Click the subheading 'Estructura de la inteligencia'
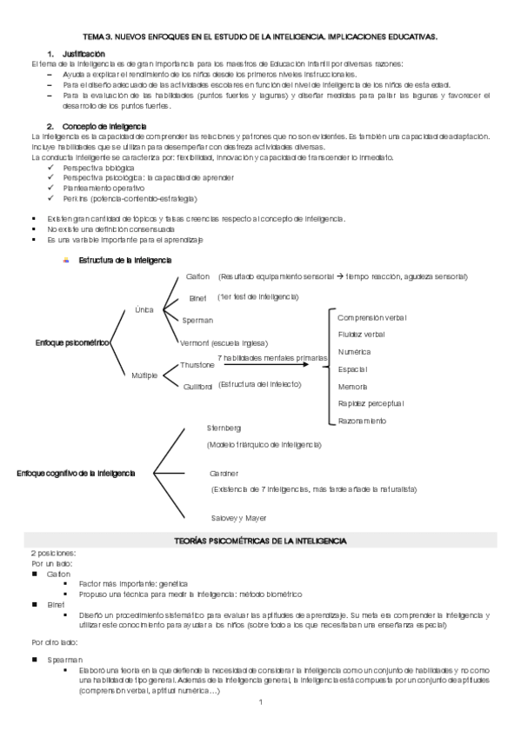pos(125,260)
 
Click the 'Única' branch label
pos(144,309)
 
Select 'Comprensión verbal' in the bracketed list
pos(371,317)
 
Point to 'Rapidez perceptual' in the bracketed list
pos(371,403)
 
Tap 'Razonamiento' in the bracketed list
pos(362,421)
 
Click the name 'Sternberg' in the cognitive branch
pos(224,428)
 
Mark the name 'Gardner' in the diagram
pos(224,474)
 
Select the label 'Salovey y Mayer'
pos(237,518)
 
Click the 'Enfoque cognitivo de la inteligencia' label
pos(77,473)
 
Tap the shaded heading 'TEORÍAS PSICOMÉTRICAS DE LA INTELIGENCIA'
pos(261,541)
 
